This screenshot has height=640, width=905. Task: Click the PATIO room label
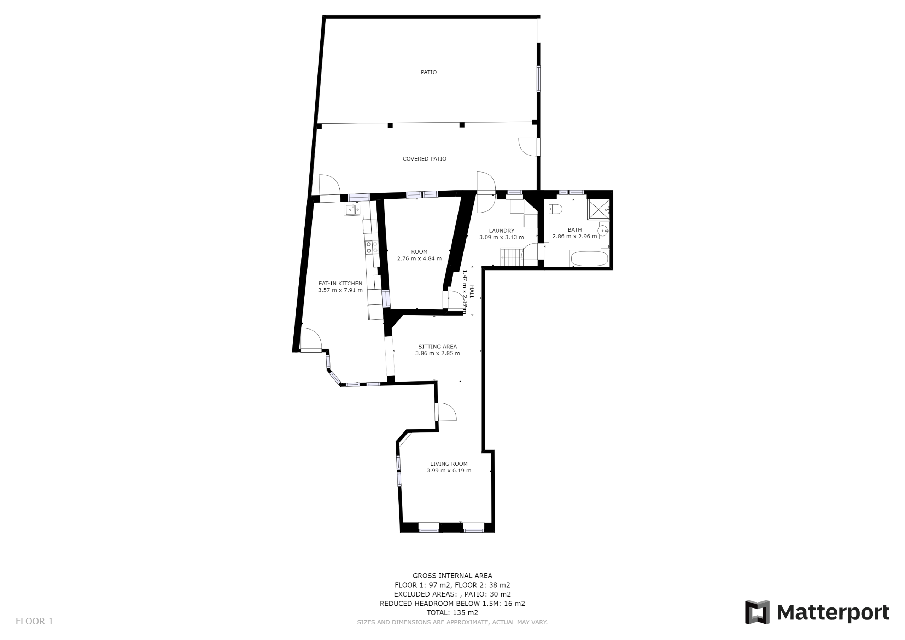(428, 72)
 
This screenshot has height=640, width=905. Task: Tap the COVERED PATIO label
(424, 159)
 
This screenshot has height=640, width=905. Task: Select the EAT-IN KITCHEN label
(340, 284)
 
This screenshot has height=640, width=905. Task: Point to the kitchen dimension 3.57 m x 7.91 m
(340, 290)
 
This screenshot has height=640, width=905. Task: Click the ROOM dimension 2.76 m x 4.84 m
(419, 259)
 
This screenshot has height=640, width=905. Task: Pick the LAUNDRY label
(501, 231)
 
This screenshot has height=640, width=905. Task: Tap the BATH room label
(575, 229)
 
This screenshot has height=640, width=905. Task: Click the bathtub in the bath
(589, 259)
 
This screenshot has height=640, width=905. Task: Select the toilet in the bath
(556, 209)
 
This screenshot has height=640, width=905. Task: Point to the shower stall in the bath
(599, 209)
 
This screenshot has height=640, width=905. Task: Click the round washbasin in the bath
(603, 230)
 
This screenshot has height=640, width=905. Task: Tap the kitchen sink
(353, 209)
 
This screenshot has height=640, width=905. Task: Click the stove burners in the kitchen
(372, 247)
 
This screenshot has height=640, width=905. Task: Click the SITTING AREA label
(438, 347)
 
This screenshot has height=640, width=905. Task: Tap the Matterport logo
(817, 612)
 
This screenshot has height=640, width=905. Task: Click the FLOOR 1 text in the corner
(34, 622)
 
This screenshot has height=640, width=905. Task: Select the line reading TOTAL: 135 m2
(452, 613)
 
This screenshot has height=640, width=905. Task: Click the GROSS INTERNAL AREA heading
(452, 576)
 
